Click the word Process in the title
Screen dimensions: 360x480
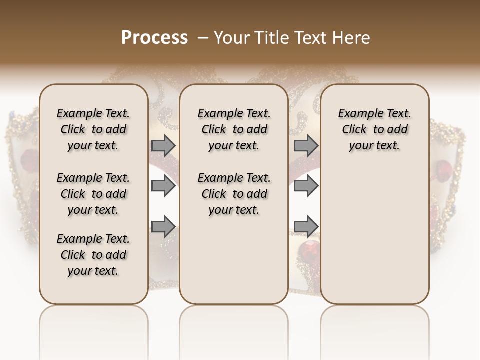pos(154,37)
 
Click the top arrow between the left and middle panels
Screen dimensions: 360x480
pos(163,146)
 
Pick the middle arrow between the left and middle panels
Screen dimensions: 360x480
pos(163,187)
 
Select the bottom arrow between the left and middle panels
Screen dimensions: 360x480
pos(163,226)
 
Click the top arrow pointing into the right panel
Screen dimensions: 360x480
pos(306,146)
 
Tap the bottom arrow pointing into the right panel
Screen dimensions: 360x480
pos(306,226)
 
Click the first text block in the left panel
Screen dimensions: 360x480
pos(93,129)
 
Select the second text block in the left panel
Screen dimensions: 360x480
pos(93,194)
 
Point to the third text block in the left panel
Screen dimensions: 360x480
pos(93,255)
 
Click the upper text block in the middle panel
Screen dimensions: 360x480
pos(234,129)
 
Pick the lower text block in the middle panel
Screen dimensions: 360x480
pos(234,194)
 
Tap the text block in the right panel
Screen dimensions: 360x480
pos(374,129)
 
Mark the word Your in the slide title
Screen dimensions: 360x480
pos(230,37)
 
